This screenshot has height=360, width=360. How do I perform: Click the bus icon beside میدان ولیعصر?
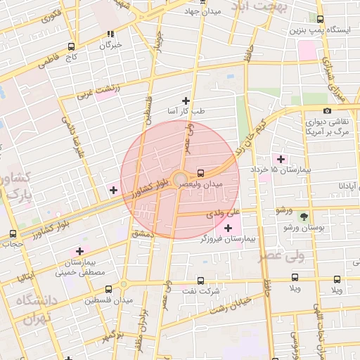(x=201, y=172)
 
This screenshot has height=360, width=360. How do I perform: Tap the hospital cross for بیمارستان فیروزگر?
(x=228, y=227)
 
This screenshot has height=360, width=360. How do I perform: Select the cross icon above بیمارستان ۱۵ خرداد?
(x=281, y=158)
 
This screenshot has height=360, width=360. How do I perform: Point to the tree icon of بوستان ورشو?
(x=304, y=217)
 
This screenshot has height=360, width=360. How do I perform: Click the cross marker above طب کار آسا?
(x=186, y=101)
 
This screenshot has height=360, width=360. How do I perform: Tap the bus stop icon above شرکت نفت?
(x=202, y=280)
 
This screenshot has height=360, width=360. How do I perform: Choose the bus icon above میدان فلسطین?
(x=108, y=289)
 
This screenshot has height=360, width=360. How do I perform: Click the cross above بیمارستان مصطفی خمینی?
(x=79, y=251)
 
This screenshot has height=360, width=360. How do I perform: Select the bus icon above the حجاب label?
(x=13, y=234)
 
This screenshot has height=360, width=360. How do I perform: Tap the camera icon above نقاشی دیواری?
(x=327, y=110)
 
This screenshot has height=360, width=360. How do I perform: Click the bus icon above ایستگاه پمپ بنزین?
(x=321, y=20)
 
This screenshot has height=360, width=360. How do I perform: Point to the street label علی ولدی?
(x=228, y=212)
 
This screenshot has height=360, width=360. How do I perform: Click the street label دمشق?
(x=143, y=233)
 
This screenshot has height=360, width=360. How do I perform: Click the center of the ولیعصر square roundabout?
(x=179, y=179)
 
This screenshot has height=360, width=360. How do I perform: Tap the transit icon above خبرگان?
(x=110, y=34)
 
